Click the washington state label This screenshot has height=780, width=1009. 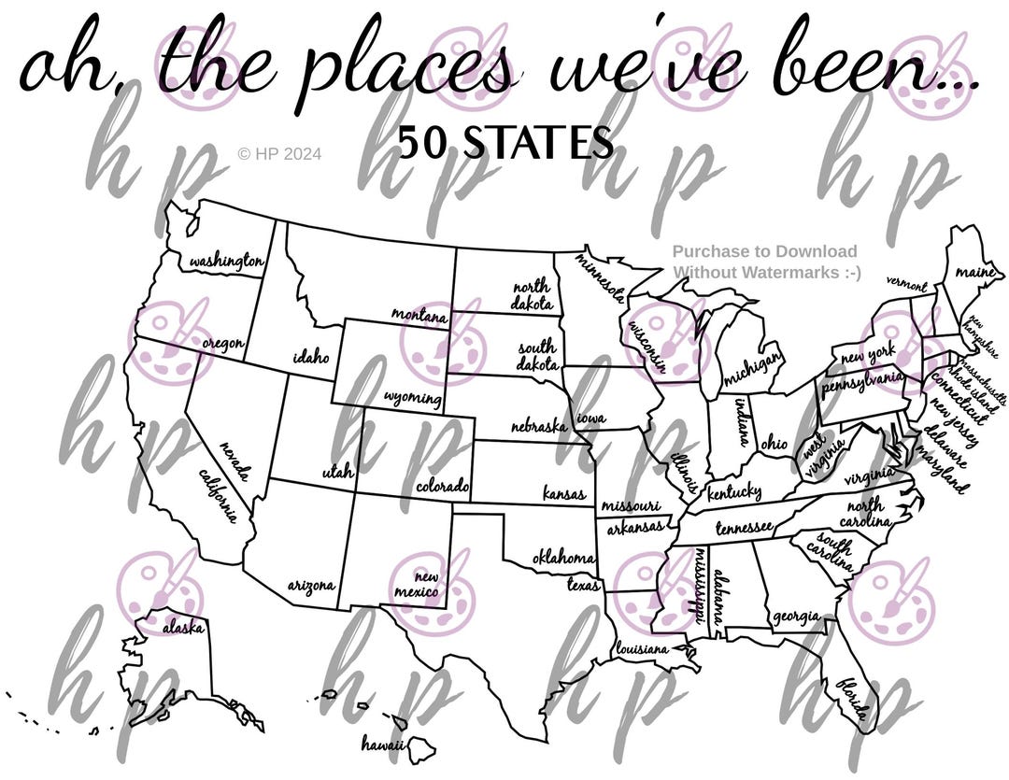[x=225, y=262]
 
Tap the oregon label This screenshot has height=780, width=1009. [x=223, y=345]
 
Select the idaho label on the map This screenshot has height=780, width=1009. [x=310, y=356]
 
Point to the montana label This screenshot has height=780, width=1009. [x=419, y=316]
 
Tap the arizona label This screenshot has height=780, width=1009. [x=310, y=587]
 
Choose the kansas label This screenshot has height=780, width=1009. [x=564, y=493]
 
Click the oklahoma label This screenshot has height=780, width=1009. [x=563, y=558]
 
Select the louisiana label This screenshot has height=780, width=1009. [x=642, y=647]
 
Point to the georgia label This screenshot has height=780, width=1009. [x=795, y=617]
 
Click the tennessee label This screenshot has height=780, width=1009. [x=744, y=528]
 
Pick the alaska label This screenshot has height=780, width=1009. [x=183, y=629]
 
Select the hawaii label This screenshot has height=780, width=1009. [x=382, y=745]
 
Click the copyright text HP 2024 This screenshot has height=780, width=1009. [x=279, y=153]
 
